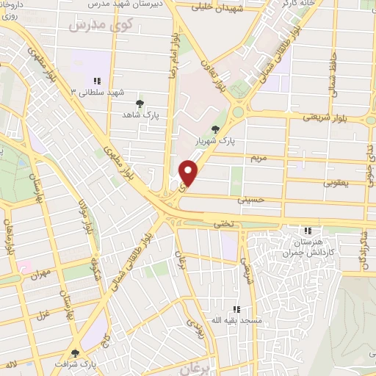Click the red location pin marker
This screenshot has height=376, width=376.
[189, 172]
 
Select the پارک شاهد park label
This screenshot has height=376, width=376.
[141, 115]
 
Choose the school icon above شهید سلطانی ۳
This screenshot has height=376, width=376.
[97, 81]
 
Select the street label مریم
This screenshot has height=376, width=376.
[256, 157]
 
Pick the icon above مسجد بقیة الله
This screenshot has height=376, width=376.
[237, 310]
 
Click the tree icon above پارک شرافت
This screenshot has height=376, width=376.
[75, 352]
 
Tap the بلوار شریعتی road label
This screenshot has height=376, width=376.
[323, 116]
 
